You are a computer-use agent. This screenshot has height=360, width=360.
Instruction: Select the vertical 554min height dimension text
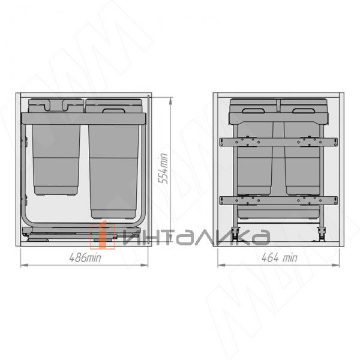[161, 167]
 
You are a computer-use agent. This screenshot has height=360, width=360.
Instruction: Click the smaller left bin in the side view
[55, 159]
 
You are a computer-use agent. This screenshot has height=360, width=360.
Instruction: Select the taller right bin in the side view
[115, 168]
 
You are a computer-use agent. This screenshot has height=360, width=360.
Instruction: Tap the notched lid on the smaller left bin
[55, 106]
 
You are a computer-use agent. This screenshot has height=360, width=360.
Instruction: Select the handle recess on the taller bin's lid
[112, 110]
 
